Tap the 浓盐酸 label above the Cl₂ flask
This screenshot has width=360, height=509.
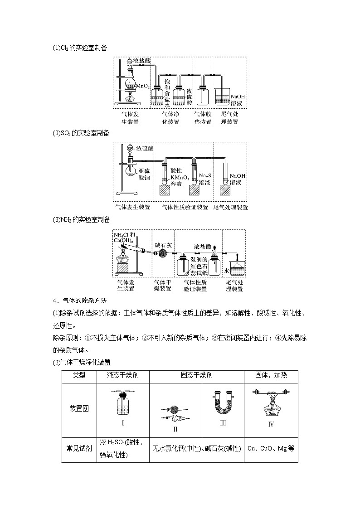(142, 60)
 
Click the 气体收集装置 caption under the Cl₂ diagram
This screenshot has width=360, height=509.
(203, 118)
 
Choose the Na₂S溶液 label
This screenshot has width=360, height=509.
(204, 179)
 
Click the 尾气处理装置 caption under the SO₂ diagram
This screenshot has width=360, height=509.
(230, 207)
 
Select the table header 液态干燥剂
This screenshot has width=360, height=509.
(122, 375)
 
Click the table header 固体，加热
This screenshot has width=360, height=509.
(271, 375)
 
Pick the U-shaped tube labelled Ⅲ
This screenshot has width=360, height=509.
(223, 403)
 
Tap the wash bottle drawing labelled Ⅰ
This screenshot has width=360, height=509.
(122, 405)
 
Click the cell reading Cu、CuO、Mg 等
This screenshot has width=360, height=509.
(271, 448)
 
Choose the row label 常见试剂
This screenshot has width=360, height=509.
(79, 448)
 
